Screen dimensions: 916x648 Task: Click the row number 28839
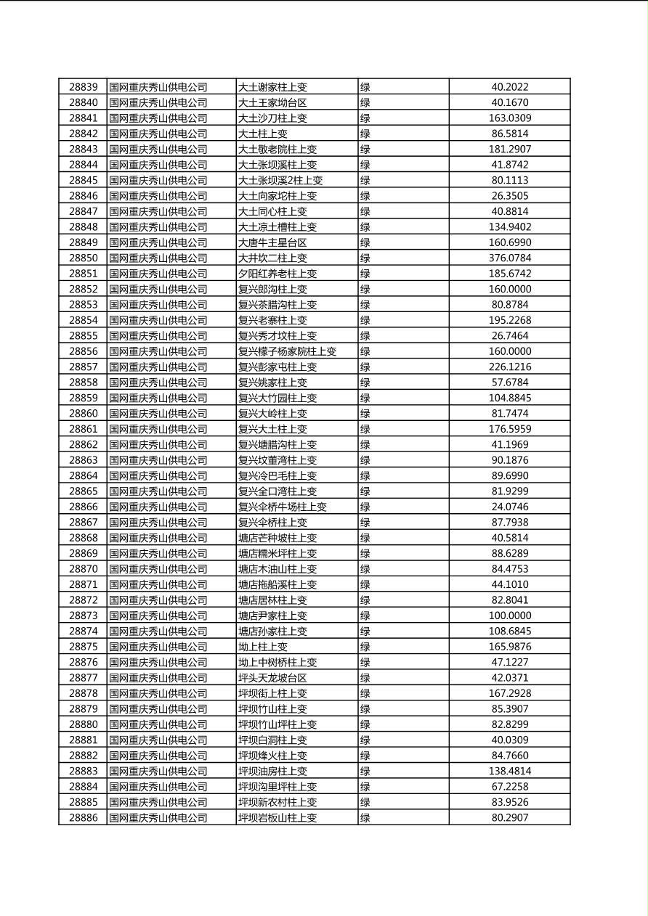click(83, 87)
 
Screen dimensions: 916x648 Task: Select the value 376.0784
click(509, 258)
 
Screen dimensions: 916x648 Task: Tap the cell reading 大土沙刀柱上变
click(272, 118)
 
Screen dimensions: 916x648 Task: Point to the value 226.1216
click(509, 367)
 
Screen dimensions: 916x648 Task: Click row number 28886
click(83, 818)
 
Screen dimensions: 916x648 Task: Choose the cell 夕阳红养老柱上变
click(278, 274)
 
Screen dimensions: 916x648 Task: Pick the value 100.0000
click(509, 616)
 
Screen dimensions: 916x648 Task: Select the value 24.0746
click(509, 507)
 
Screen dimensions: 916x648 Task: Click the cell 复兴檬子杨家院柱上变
click(287, 351)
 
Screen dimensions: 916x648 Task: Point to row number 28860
click(83, 414)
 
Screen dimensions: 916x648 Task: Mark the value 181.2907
click(509, 149)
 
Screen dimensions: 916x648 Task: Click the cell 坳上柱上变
click(263, 647)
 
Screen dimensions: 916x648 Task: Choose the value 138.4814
click(509, 771)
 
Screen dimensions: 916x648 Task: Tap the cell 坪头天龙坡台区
click(272, 678)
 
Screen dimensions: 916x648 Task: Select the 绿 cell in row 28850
click(365, 258)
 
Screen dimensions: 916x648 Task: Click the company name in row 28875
click(158, 647)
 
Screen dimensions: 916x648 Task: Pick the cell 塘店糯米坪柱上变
click(278, 553)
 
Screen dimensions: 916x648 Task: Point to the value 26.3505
click(509, 196)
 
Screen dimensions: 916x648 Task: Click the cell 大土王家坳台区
click(272, 102)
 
